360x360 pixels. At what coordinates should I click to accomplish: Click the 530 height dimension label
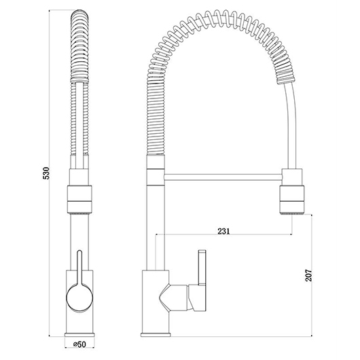pos(46,173)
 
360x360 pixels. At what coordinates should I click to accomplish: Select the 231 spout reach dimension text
pos(223,231)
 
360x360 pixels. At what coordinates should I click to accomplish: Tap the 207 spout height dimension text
pos(308,275)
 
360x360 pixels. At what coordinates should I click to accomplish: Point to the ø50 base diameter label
pos(79,344)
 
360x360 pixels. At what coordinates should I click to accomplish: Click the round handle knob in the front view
pos(79,298)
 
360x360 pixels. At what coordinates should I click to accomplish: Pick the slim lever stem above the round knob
pos(79,268)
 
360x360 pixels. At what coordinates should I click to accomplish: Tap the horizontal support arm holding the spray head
pos(223,177)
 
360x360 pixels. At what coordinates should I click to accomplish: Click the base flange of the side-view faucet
pos(156,334)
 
